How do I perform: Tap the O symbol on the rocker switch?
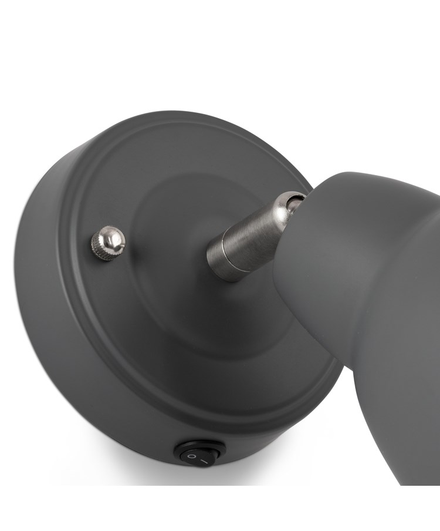tap(191, 456)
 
